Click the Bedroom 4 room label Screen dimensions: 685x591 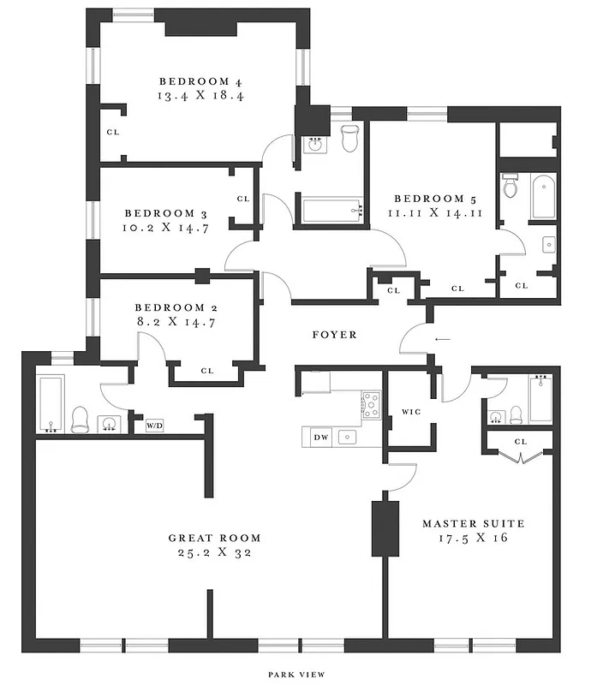pos(201,81)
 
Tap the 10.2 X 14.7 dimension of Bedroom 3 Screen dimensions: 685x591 pos(166,228)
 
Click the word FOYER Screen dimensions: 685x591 pos(334,334)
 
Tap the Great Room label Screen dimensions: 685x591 pos(214,538)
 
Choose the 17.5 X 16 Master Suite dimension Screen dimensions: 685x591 pos(473,538)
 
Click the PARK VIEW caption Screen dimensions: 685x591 pos(295,674)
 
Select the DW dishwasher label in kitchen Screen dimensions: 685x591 pos(320,438)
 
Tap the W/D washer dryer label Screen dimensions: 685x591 pos(154,424)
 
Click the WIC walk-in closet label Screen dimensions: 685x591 pos(410,412)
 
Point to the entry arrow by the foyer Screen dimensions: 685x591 pos(442,339)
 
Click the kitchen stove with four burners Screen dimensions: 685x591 pos(371,404)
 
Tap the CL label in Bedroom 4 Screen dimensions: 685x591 pos(112,132)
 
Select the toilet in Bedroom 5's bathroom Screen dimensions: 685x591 pos(510,187)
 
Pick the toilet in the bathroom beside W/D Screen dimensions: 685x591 pos(81,419)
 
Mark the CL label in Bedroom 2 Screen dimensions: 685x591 pos(206,371)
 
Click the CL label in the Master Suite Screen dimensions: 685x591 pos(521,441)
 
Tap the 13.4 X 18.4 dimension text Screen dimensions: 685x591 pos(201,97)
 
